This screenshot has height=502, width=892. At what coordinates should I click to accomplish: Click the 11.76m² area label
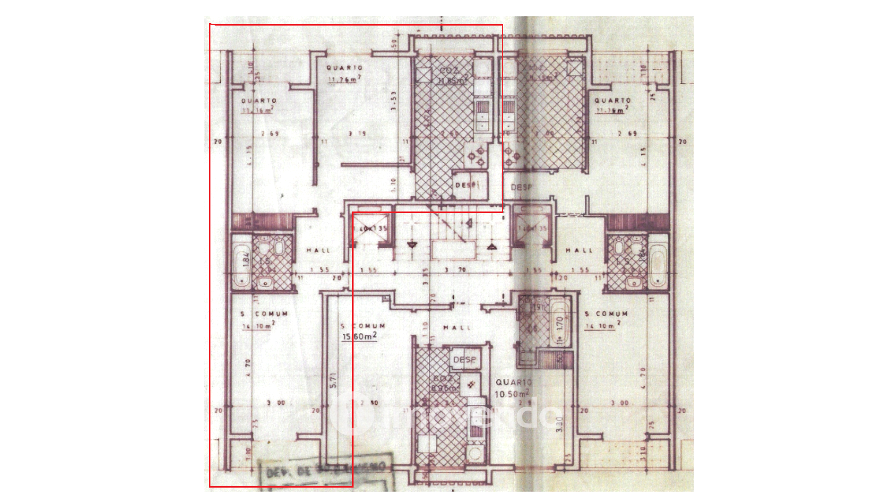(344, 79)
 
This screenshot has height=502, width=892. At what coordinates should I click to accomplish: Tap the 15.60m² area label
(359, 336)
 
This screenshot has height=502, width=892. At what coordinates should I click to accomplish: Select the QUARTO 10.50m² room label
(513, 388)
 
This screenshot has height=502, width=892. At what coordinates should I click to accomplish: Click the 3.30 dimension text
(559, 424)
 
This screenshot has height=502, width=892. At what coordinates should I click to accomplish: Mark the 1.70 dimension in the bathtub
(559, 324)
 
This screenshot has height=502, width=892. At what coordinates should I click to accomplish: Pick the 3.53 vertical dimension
(394, 100)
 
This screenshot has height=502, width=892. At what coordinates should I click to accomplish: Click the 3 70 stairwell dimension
(455, 270)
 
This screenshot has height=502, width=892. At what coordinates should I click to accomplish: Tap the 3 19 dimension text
(357, 134)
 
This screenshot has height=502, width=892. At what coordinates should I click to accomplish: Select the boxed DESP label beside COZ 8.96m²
(464, 359)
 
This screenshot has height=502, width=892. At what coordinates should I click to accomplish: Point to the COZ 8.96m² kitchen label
(445, 383)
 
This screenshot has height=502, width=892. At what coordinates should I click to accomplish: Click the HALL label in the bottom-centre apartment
(457, 328)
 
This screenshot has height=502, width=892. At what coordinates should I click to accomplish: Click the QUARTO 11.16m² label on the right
(612, 105)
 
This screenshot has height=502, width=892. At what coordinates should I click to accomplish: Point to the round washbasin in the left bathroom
(265, 282)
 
